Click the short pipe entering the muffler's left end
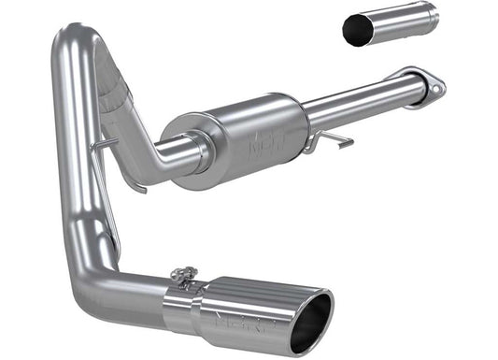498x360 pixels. [173, 150]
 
